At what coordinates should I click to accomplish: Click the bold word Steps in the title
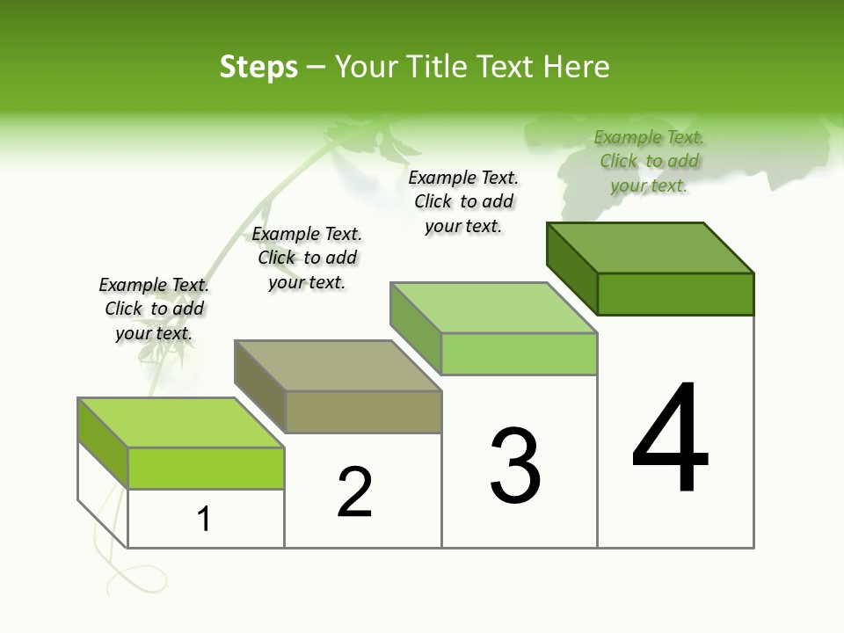click(258, 67)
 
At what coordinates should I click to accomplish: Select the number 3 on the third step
click(515, 466)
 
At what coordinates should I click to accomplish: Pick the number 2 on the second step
click(355, 492)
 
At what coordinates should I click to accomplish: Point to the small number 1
click(204, 520)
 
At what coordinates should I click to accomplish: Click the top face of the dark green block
click(651, 248)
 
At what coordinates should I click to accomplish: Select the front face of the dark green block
click(675, 294)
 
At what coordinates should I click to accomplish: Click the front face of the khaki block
click(363, 411)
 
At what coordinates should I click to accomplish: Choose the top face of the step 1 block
click(181, 423)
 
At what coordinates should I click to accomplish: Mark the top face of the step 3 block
click(494, 308)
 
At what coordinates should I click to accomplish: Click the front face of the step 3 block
click(519, 353)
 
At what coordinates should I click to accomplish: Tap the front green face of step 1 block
click(206, 468)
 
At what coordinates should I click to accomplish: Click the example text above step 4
click(649, 162)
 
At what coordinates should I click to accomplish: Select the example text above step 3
click(463, 202)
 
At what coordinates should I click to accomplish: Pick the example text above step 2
click(307, 258)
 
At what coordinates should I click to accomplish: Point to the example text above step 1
click(154, 309)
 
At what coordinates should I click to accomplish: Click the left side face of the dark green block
click(571, 267)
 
